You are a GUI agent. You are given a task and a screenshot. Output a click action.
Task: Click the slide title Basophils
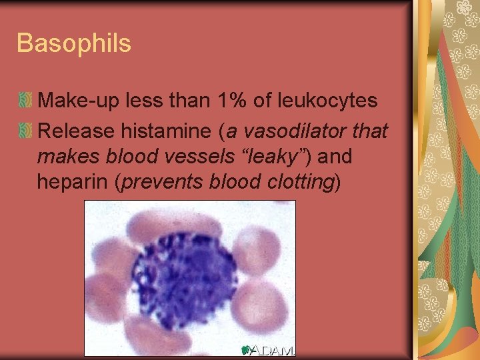point(74,44)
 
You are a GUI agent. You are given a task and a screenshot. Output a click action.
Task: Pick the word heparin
point(73,182)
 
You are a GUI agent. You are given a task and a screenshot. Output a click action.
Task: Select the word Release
point(75,131)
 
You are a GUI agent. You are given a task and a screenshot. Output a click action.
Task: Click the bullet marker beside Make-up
point(26,101)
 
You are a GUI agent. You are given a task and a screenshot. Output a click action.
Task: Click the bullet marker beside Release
point(26,131)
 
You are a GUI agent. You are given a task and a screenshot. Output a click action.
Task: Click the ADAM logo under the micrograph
point(267,350)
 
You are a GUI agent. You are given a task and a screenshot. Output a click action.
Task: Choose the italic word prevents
point(161,182)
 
